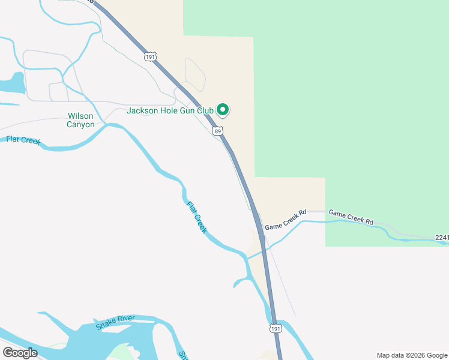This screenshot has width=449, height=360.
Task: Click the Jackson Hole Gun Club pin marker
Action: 223,110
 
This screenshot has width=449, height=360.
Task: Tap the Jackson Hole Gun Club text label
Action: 170,110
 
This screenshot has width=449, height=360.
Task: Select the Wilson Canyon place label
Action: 81,120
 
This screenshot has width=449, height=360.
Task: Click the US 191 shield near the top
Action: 150,56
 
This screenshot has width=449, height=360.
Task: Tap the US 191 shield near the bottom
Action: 275,329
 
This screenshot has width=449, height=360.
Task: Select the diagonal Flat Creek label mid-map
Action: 197,217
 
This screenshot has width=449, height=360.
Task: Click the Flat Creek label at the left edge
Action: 23,140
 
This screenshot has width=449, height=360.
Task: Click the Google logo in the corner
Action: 20,352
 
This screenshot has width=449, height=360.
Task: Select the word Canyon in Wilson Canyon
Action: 81,124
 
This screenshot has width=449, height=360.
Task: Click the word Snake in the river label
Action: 106,325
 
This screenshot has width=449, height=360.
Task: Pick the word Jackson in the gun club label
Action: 142,110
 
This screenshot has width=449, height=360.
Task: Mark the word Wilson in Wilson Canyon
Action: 81,116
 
